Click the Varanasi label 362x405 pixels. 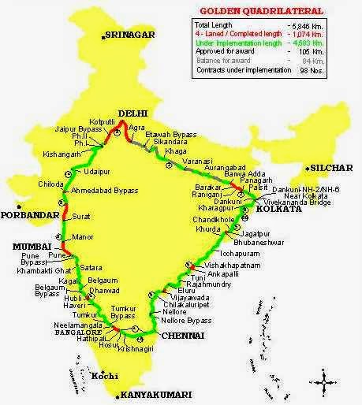(197, 159)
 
